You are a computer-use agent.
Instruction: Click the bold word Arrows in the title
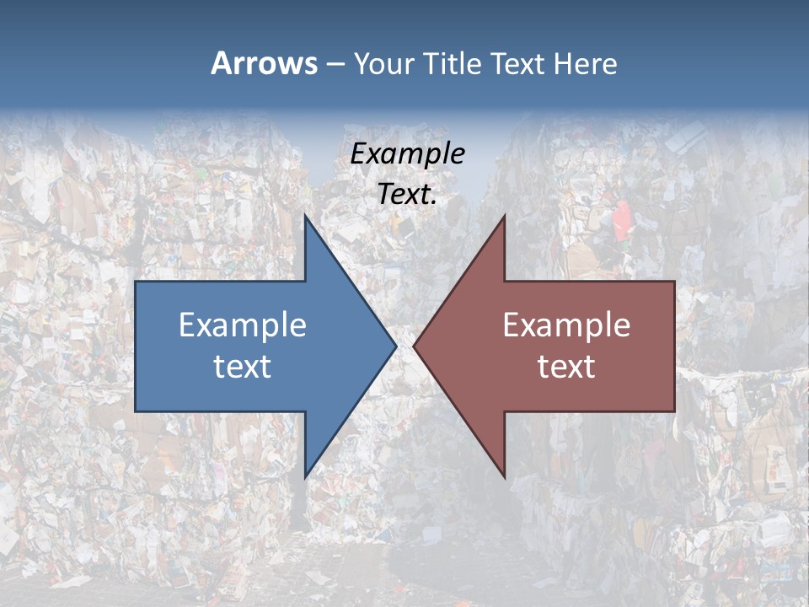tap(264, 63)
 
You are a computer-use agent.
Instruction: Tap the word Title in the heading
tap(452, 64)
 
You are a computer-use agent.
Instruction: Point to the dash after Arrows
tap(335, 65)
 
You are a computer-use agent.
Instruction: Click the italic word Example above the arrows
tap(408, 153)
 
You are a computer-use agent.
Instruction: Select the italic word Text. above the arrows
tap(408, 194)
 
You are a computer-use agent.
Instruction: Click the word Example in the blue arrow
tap(243, 325)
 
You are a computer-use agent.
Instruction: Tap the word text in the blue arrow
tap(243, 366)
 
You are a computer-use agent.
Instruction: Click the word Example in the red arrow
tap(566, 325)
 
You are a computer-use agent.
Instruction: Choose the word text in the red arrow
tap(566, 366)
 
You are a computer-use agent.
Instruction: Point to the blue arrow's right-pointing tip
tap(394, 346)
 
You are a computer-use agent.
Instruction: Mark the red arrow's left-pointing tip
tap(415, 346)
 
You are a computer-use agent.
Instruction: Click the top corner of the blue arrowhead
tap(306, 216)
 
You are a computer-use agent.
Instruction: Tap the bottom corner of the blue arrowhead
tap(306, 476)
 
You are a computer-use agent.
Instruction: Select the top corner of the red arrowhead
tap(504, 216)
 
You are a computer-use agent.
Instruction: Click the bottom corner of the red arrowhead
tap(504, 476)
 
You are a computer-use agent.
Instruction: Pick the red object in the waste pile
tap(621, 220)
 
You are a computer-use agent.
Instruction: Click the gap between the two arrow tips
tap(405, 346)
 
